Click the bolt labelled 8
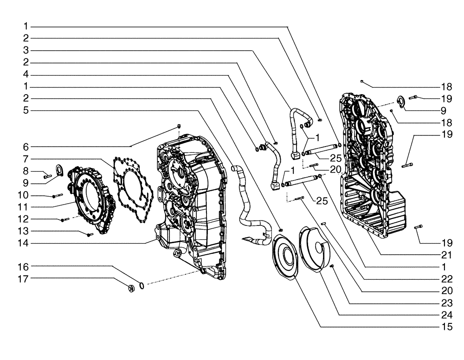46,176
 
